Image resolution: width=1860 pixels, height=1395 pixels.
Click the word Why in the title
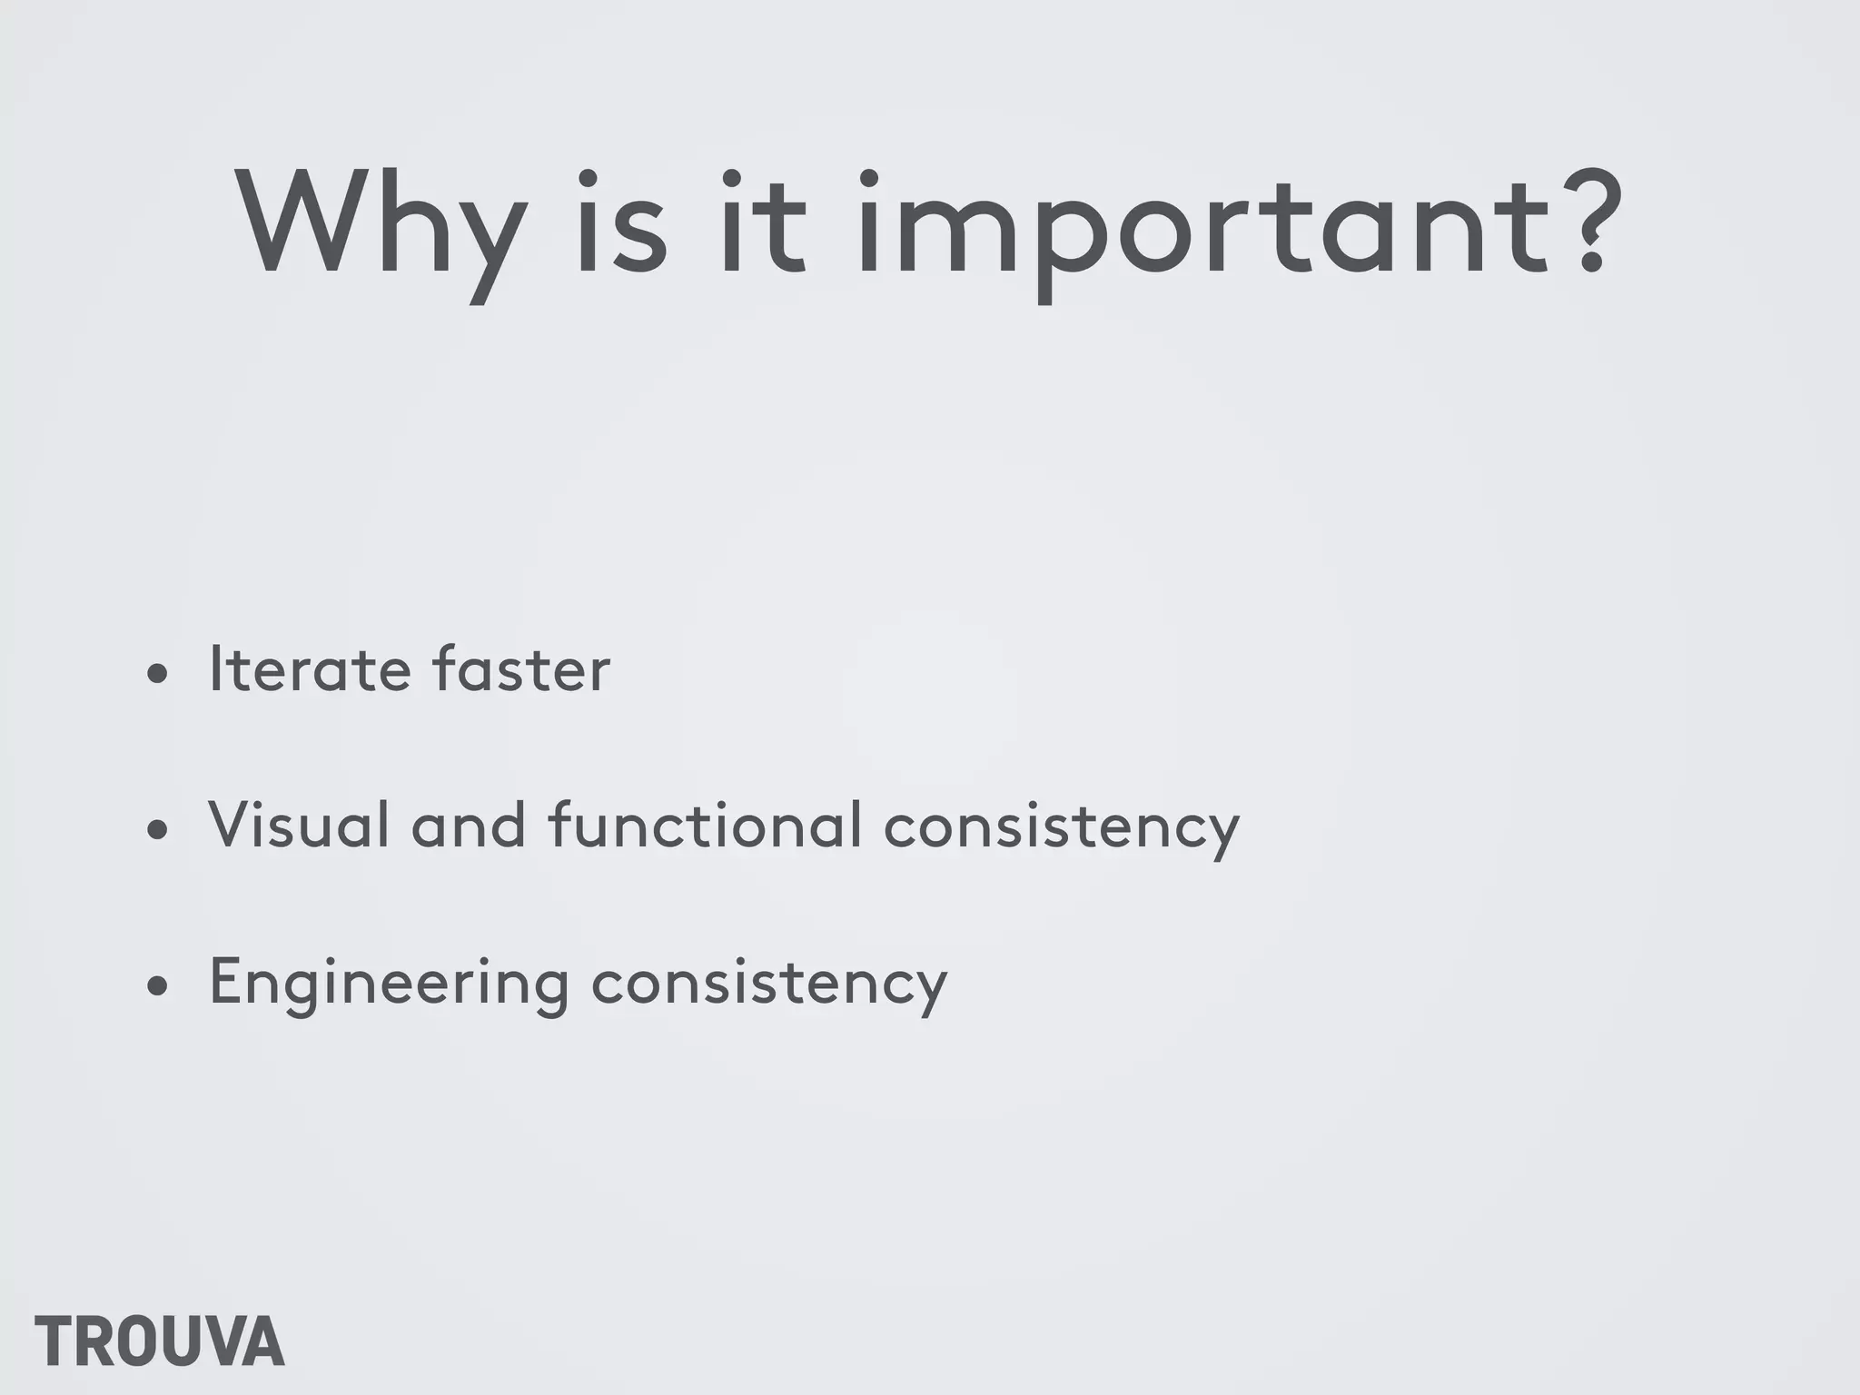pyautogui.click(x=381, y=225)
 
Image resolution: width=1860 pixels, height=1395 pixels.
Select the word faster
pyautogui.click(x=521, y=669)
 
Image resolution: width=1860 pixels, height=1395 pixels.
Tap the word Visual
pyautogui.click(x=299, y=826)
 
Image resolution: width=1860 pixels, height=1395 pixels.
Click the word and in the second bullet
pyautogui.click(x=469, y=826)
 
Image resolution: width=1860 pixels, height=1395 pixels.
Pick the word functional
pyautogui.click(x=705, y=826)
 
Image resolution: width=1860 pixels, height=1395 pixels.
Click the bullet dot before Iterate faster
pyautogui.click(x=158, y=674)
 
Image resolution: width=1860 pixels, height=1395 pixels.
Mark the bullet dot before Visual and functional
pyautogui.click(x=158, y=830)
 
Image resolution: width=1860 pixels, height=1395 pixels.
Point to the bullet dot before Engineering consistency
pyautogui.click(x=158, y=986)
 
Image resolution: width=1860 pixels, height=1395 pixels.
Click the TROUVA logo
pyautogui.click(x=160, y=1341)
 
